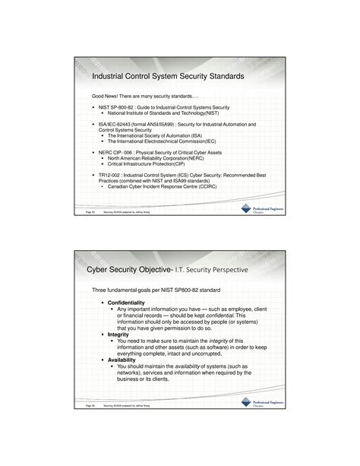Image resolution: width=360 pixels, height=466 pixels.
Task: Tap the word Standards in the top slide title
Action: pyautogui.click(x=222, y=77)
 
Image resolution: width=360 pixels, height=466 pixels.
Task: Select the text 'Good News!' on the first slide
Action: pyautogui.click(x=106, y=97)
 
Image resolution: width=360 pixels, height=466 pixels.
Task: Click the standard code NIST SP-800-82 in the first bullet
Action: pyautogui.click(x=118, y=109)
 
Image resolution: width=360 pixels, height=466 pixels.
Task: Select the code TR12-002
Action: pyautogui.click(x=111, y=174)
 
